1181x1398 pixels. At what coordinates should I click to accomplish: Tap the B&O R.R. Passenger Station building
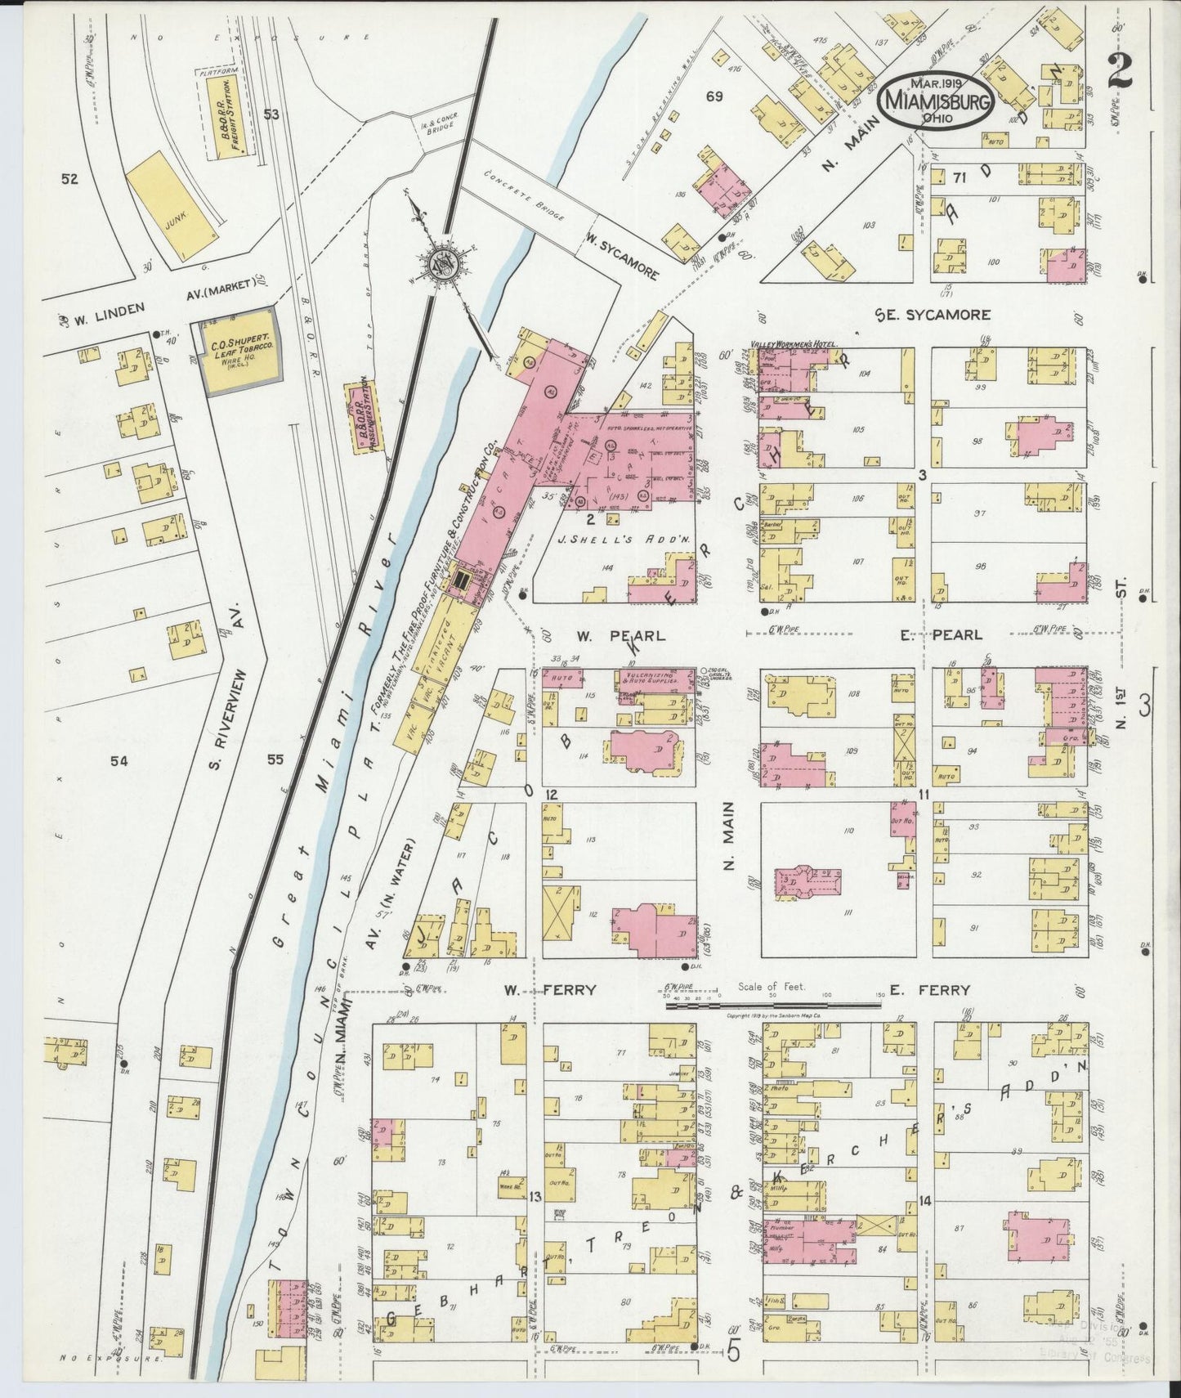pyautogui.click(x=360, y=418)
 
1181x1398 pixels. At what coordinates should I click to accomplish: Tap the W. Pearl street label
pyautogui.click(x=620, y=635)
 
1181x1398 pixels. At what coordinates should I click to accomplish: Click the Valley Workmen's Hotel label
pyautogui.click(x=790, y=345)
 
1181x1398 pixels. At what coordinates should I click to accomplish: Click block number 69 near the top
pyautogui.click(x=714, y=97)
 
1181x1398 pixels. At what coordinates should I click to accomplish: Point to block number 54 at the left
pyautogui.click(x=119, y=761)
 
